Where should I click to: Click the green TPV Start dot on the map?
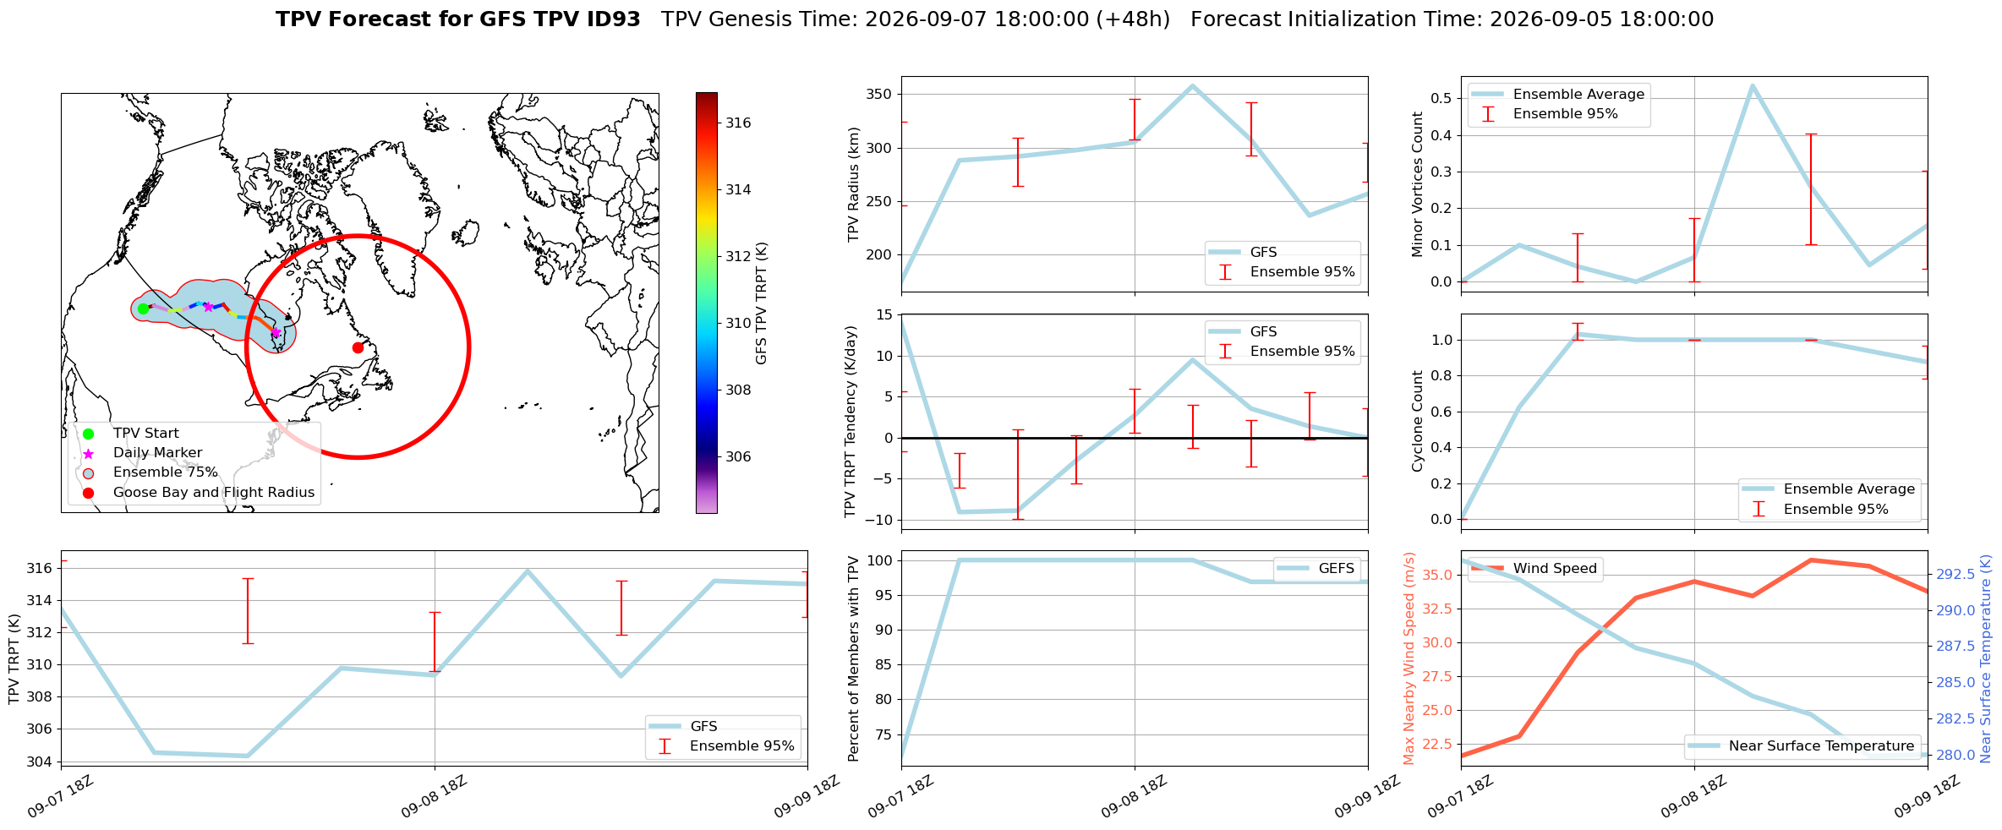(x=143, y=309)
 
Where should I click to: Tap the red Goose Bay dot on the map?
(x=358, y=347)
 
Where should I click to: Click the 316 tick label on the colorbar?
(x=738, y=123)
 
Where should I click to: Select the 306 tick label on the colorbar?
(x=738, y=456)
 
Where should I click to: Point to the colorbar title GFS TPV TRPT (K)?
(x=762, y=303)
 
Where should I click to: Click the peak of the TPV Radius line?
(x=1192, y=85)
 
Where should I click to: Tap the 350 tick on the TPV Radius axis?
(x=878, y=94)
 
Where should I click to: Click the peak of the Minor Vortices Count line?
(x=1752, y=85)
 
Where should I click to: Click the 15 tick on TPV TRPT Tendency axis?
(x=884, y=314)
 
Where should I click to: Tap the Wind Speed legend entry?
(x=1534, y=568)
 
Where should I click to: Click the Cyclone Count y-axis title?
(x=1418, y=421)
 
